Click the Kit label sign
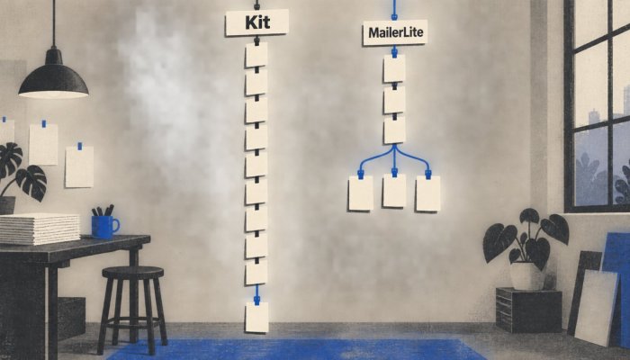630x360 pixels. pos(257,22)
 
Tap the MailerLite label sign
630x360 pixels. pos(395,32)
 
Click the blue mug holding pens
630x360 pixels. pos(104,227)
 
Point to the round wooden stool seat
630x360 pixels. pos(133,273)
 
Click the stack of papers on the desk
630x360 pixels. pos(40,229)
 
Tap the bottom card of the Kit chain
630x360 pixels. pos(256,317)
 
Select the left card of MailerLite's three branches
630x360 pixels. pos(361,193)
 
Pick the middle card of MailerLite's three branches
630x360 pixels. pos(394,191)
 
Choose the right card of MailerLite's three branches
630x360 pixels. pos(427,193)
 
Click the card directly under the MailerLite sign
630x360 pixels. pos(394,68)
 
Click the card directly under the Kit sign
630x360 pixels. pos(256,55)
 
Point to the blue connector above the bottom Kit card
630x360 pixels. pos(256,294)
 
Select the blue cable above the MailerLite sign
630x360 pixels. pos(394,10)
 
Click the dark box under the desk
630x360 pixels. pos(71,319)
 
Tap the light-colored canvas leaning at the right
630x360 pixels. pos(597,307)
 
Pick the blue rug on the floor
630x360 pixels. pos(297,349)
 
